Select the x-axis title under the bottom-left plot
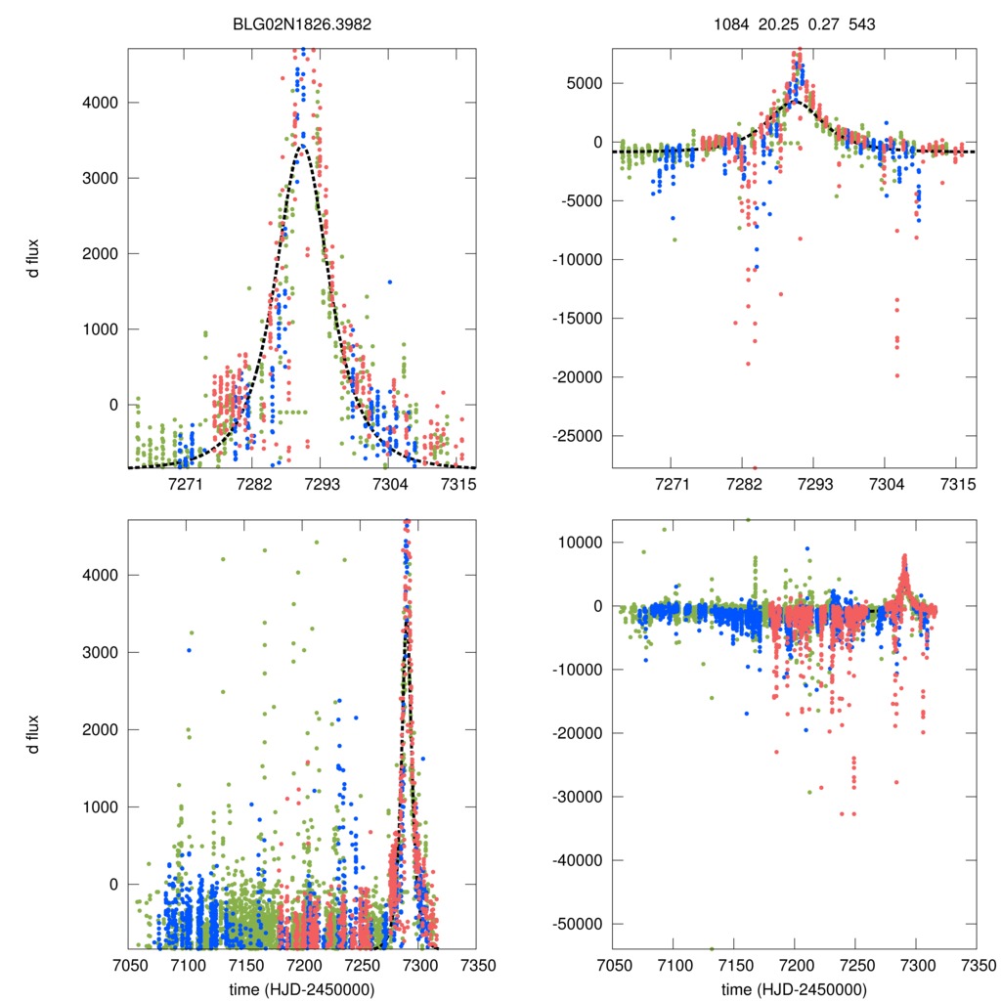(x=301, y=989)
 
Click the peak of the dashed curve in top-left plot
(x=303, y=146)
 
